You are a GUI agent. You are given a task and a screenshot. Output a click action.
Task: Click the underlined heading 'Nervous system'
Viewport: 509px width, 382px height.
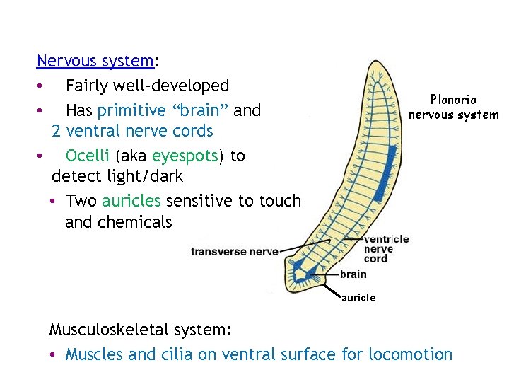click(95, 61)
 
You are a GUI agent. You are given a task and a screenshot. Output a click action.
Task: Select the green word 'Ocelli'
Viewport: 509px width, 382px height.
click(88, 156)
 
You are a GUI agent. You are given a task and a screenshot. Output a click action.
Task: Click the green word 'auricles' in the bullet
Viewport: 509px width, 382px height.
click(131, 201)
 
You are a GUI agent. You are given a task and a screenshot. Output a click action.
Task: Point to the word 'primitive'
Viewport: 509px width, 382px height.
click(131, 110)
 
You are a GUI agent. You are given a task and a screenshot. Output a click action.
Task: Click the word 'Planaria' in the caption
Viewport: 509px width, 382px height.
click(453, 100)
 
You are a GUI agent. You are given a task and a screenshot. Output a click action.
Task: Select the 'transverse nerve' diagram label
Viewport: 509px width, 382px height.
click(234, 251)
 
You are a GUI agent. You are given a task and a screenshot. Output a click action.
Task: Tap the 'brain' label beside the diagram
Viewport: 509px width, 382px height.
click(353, 274)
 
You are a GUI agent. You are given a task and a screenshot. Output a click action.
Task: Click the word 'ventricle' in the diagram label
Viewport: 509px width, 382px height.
click(386, 239)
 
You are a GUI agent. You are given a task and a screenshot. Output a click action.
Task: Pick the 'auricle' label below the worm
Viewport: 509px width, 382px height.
click(358, 298)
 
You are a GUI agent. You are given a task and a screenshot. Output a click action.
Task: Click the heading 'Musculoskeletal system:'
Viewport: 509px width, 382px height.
click(140, 330)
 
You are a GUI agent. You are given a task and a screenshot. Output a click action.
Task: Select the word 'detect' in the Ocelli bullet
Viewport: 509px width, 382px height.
click(74, 176)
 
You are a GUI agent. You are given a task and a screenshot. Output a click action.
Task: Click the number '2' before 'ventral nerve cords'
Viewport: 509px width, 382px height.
click(56, 131)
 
